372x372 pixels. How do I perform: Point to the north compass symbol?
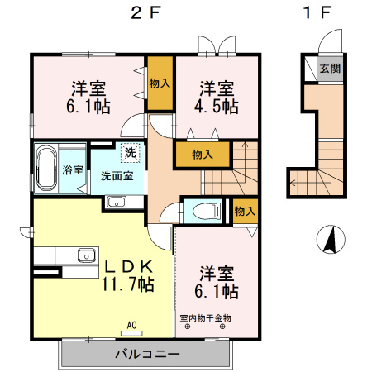coord(329,240)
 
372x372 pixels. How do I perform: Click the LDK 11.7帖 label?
coord(126,275)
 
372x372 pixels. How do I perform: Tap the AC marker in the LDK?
coord(132,325)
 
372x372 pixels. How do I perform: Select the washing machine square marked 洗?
coord(130,152)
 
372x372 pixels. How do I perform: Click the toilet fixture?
coord(202,211)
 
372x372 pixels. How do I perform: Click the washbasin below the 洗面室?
coord(116,203)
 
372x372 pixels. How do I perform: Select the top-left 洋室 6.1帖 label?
coord(89,96)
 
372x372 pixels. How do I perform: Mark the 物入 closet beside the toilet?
coord(244,212)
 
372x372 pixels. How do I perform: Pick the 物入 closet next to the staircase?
coord(202,154)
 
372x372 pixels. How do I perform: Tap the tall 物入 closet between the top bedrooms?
coord(160,83)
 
